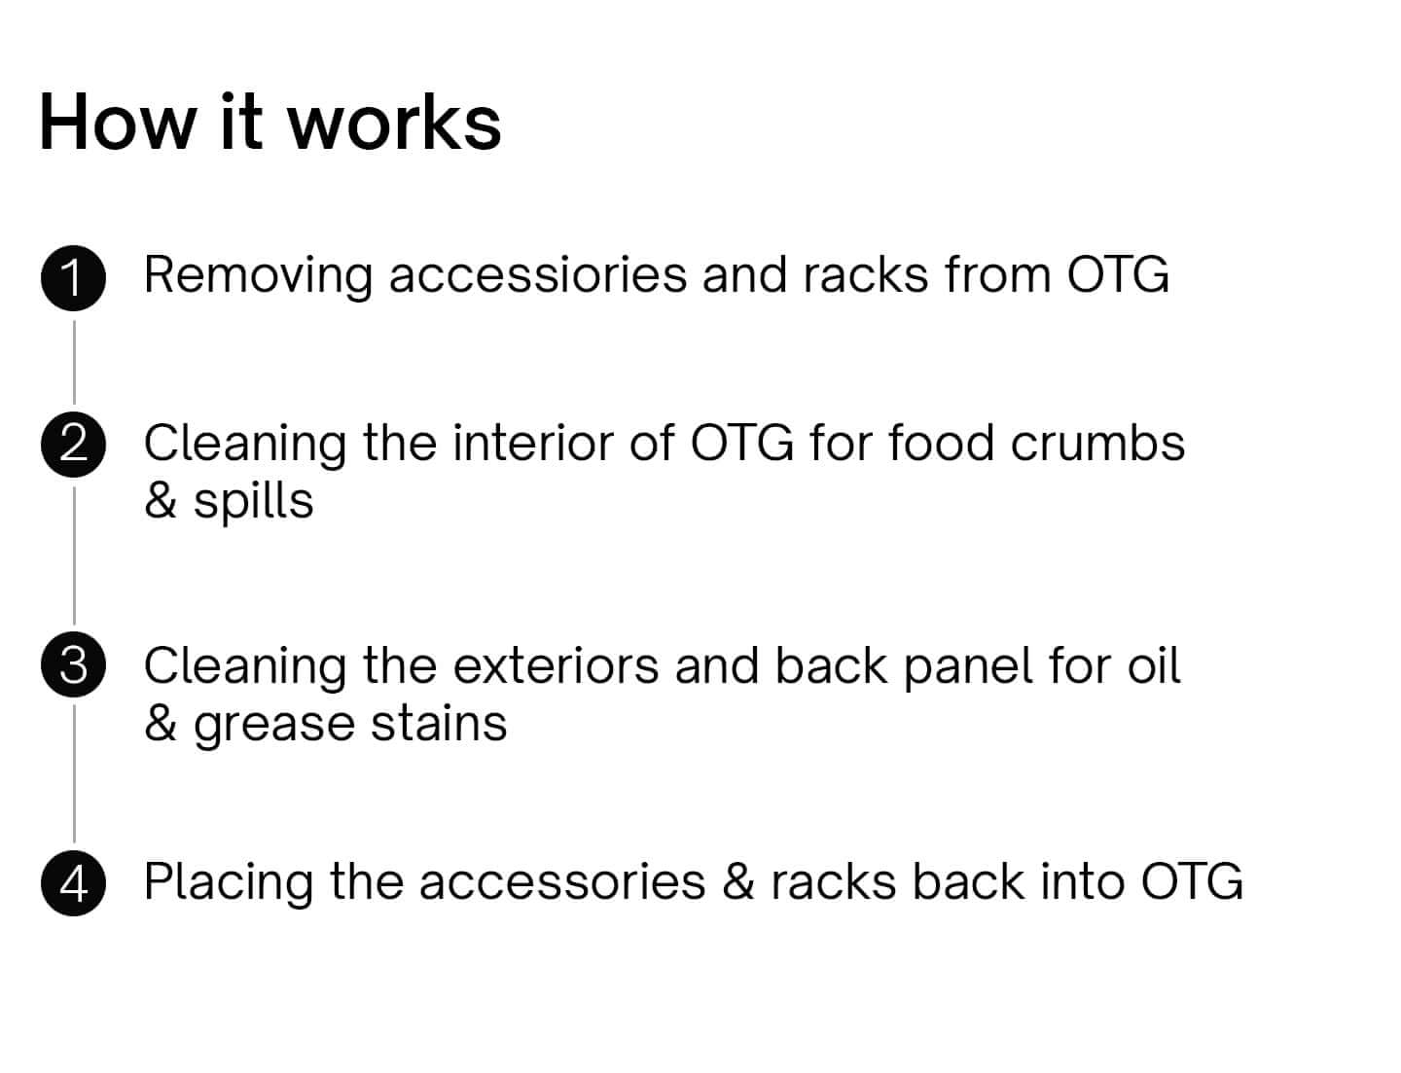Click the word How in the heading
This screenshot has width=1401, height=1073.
pos(116,123)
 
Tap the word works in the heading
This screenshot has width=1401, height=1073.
pos(394,123)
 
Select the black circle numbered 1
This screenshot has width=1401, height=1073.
pos(74,278)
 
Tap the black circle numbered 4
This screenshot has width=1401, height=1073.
pos(74,883)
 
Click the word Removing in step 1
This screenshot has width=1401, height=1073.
pos(258,275)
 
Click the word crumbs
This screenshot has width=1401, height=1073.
pos(1097,444)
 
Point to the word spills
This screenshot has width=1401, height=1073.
pos(253,502)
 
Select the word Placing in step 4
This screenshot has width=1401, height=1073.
pos(229,883)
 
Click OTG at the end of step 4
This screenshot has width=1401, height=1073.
pos(1192,881)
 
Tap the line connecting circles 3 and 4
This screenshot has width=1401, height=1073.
pos(75,773)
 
